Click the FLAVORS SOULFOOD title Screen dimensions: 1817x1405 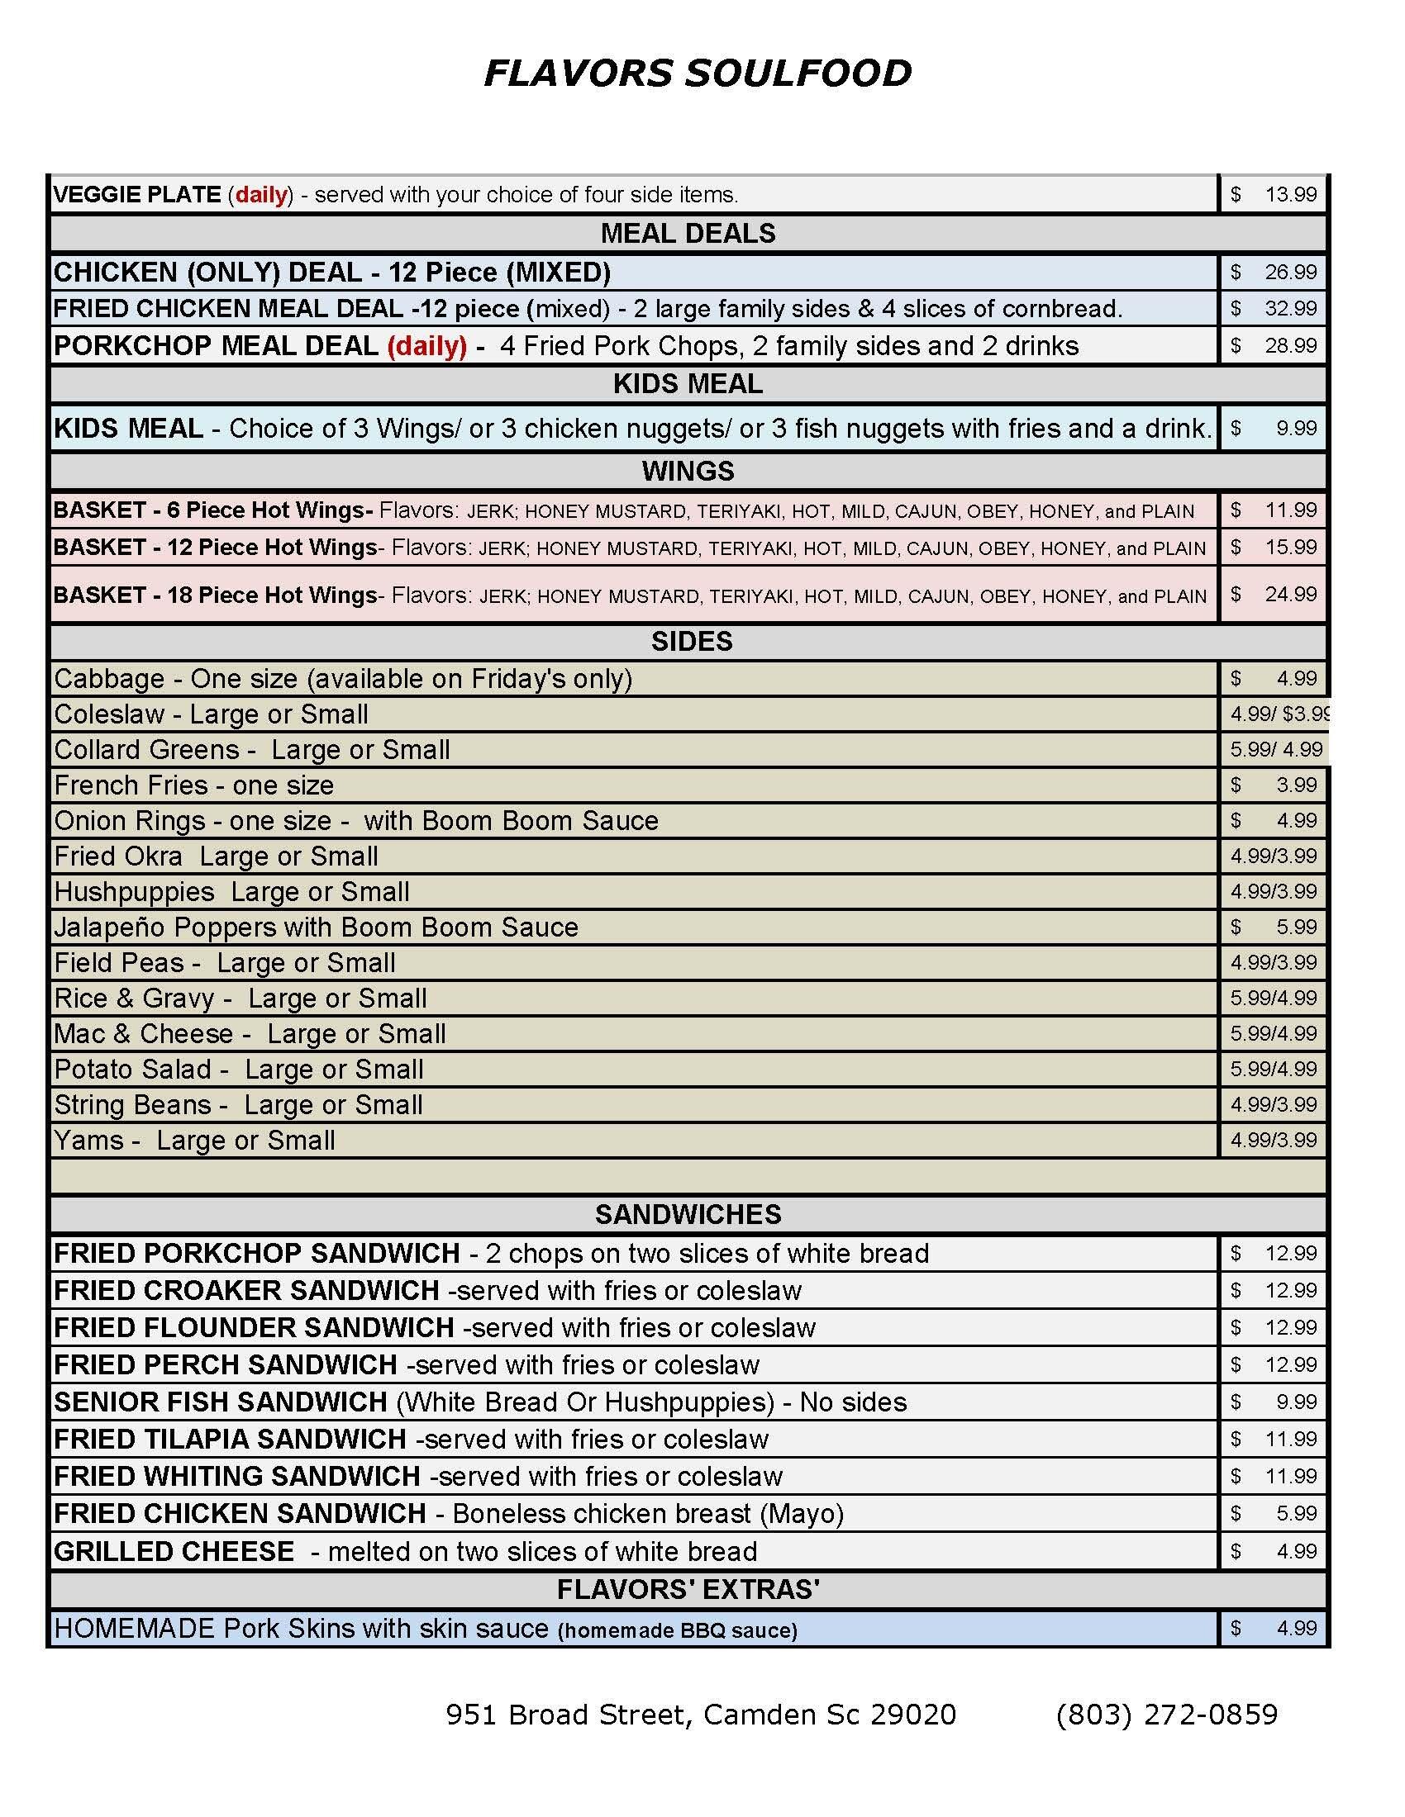[698, 74]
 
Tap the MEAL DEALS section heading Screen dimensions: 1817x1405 [688, 234]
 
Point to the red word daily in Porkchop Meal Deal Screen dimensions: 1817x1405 [427, 346]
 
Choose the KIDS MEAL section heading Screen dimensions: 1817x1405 [688, 384]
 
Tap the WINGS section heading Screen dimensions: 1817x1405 [688, 472]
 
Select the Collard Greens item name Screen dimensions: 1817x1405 [146, 750]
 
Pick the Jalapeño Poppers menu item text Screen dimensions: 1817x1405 [316, 927]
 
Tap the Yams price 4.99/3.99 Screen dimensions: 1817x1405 [1274, 1141]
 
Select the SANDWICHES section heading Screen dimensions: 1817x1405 [688, 1215]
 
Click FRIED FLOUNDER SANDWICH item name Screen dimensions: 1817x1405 [254, 1328]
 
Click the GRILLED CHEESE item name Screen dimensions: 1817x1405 [174, 1552]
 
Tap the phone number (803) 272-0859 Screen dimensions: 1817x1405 [1166, 1715]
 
